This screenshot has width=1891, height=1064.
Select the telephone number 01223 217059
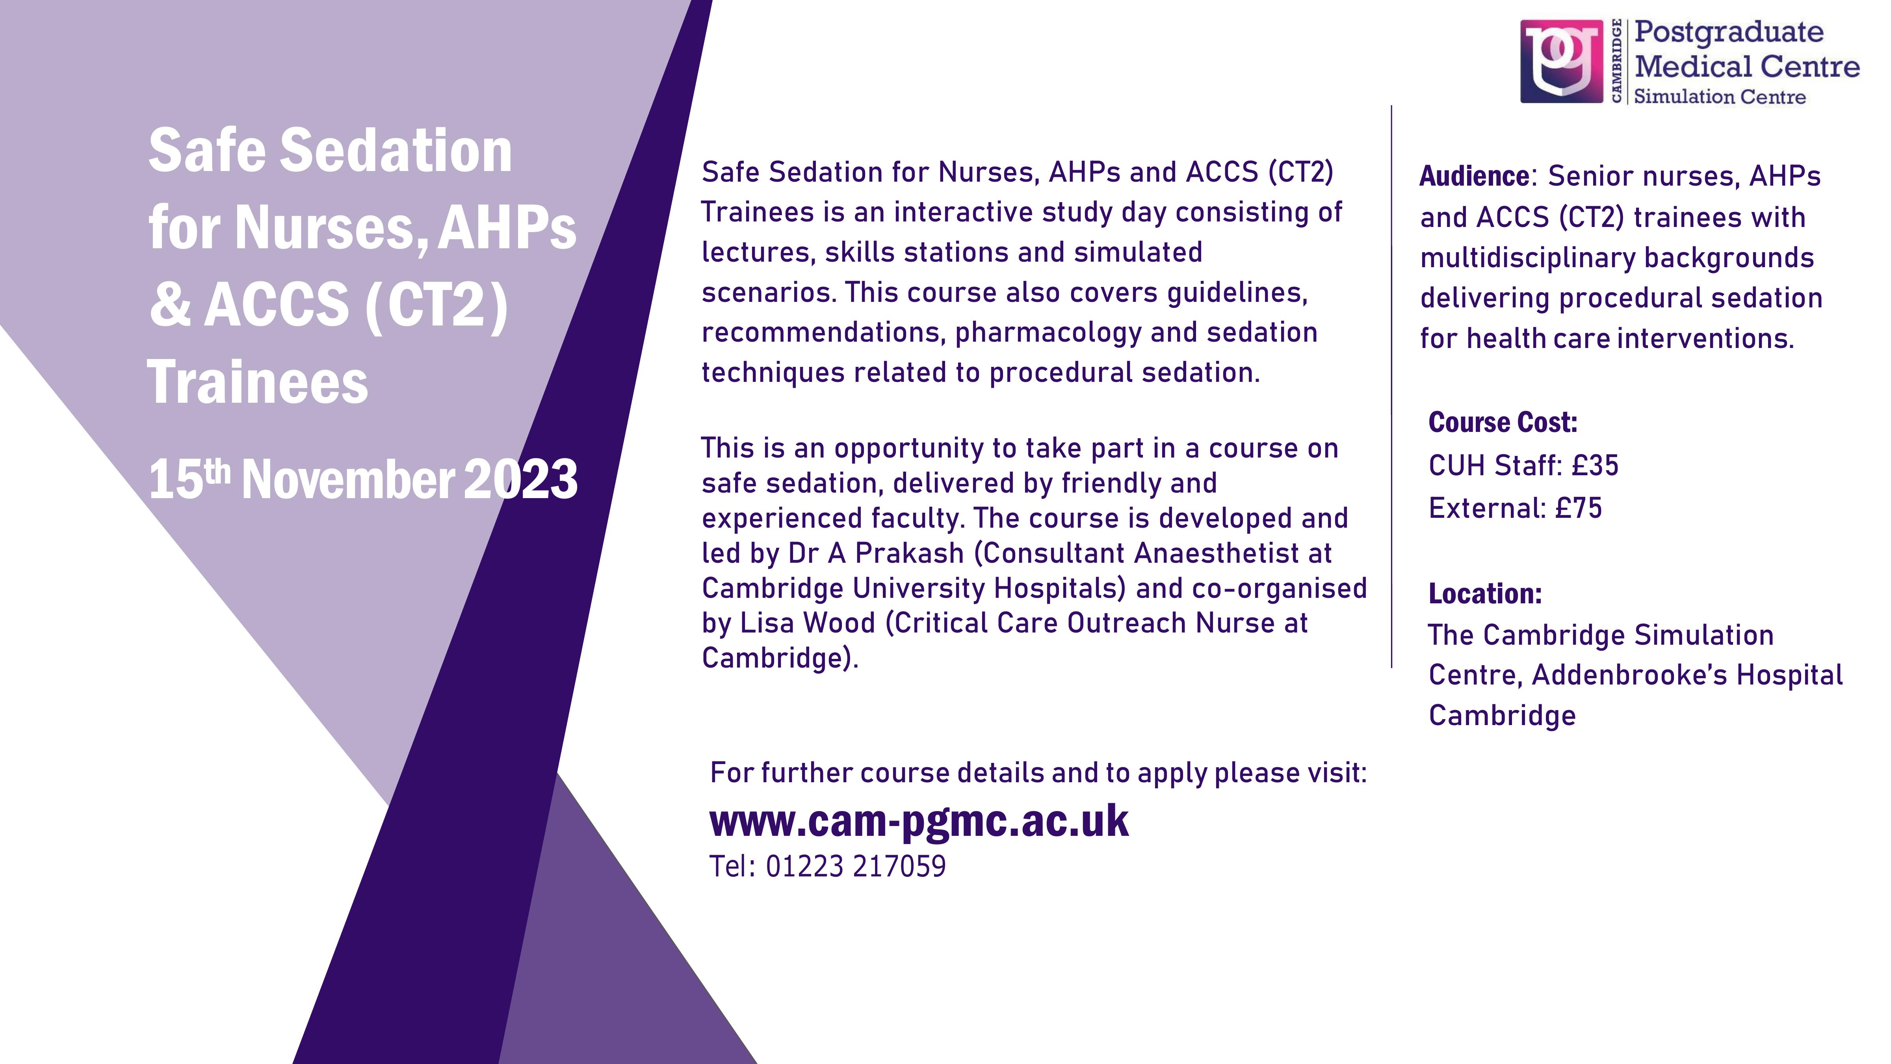click(856, 867)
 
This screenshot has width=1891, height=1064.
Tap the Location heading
click(1485, 593)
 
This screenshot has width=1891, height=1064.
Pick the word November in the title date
click(348, 479)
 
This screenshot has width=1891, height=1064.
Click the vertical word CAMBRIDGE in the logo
click(1616, 61)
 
